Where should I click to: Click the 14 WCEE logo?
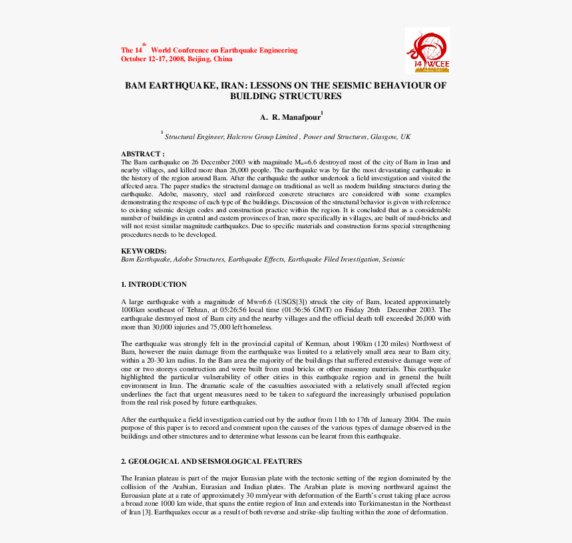427,51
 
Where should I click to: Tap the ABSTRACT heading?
142,154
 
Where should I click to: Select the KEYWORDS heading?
144,251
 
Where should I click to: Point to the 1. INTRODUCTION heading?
154,284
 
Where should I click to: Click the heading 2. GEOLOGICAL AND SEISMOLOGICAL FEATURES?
211,461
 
